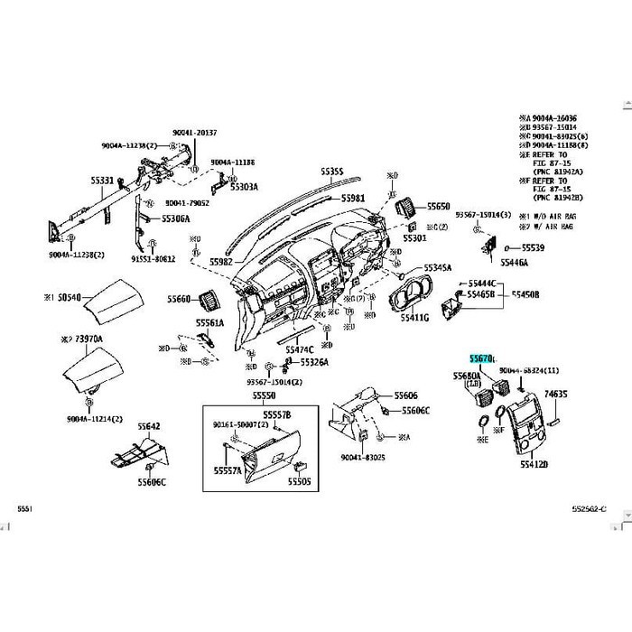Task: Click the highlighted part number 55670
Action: point(480,359)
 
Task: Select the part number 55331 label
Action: point(101,181)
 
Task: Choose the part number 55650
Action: point(439,207)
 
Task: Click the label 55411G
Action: point(414,319)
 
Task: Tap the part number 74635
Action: point(555,395)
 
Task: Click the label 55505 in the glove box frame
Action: point(299,481)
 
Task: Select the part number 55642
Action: point(149,426)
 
